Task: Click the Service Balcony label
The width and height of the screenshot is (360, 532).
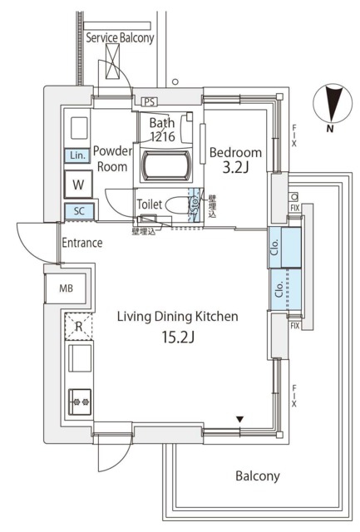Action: [x=125, y=37]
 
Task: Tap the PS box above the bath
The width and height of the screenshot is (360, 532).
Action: [x=150, y=101]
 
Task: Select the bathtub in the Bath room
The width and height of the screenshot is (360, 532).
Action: [x=169, y=164]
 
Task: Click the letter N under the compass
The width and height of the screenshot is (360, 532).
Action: [x=330, y=129]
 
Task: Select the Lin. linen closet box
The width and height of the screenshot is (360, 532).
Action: [x=76, y=155]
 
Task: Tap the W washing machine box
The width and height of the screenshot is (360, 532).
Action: [x=77, y=184]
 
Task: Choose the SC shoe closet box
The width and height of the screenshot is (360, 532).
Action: [x=78, y=211]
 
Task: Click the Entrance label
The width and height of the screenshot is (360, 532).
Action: [x=82, y=244]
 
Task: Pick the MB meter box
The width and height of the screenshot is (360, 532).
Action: [x=65, y=289]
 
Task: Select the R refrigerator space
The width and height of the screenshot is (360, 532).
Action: [x=78, y=327]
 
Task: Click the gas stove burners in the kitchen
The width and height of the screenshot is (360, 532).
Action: [x=81, y=401]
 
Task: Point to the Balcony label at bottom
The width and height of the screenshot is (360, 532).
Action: [x=256, y=476]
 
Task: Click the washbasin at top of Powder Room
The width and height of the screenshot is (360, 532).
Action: [x=80, y=127]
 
